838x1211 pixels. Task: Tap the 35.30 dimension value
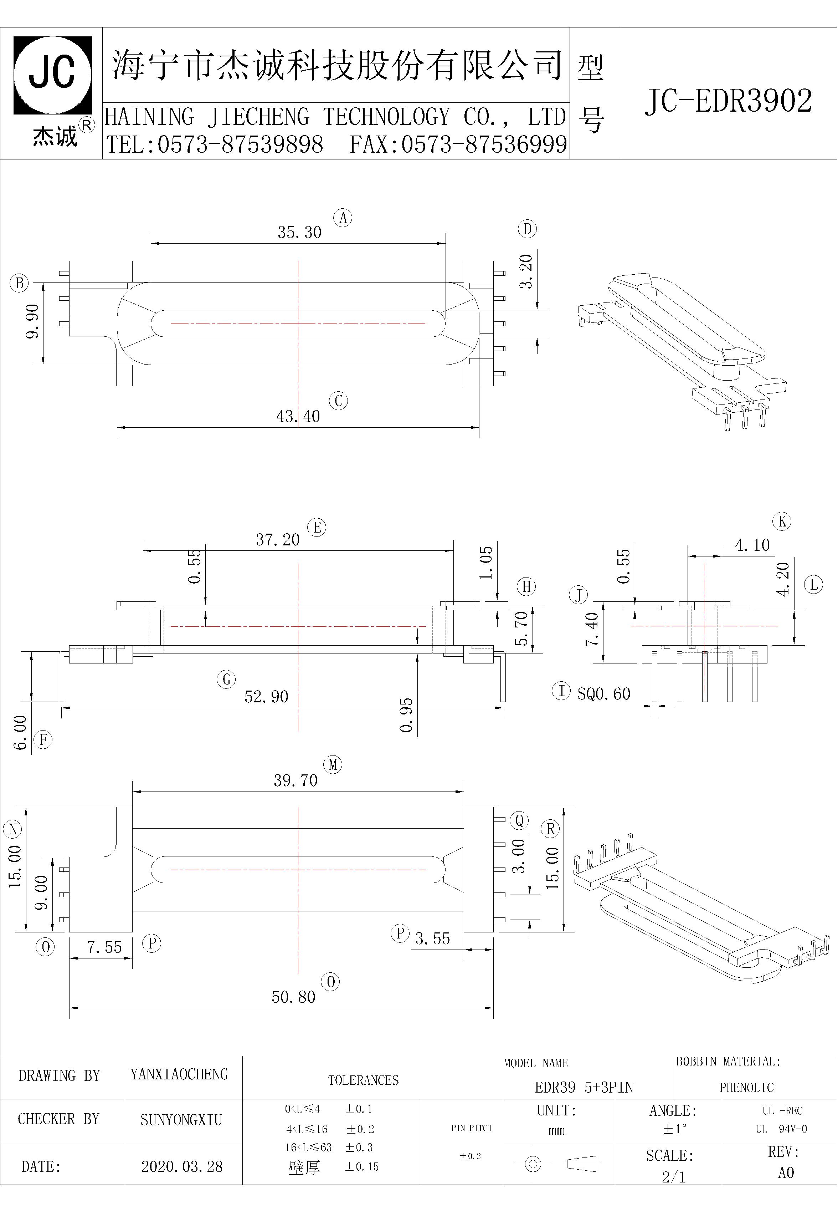point(299,232)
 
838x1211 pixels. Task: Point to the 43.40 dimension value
point(298,416)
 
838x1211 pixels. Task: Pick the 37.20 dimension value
point(278,540)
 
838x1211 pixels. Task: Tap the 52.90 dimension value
point(266,697)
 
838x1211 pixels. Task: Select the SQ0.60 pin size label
point(604,694)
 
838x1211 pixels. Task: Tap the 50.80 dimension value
point(293,997)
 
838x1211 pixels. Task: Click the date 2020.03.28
point(182,1166)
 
